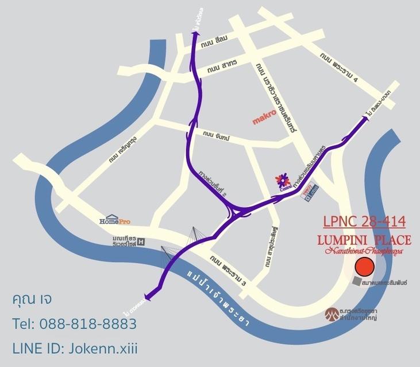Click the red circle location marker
coord(364,267)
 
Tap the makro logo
coord(266,121)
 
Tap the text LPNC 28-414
coord(364,221)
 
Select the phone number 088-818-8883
coord(74,324)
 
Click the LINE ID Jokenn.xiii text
coord(75,348)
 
